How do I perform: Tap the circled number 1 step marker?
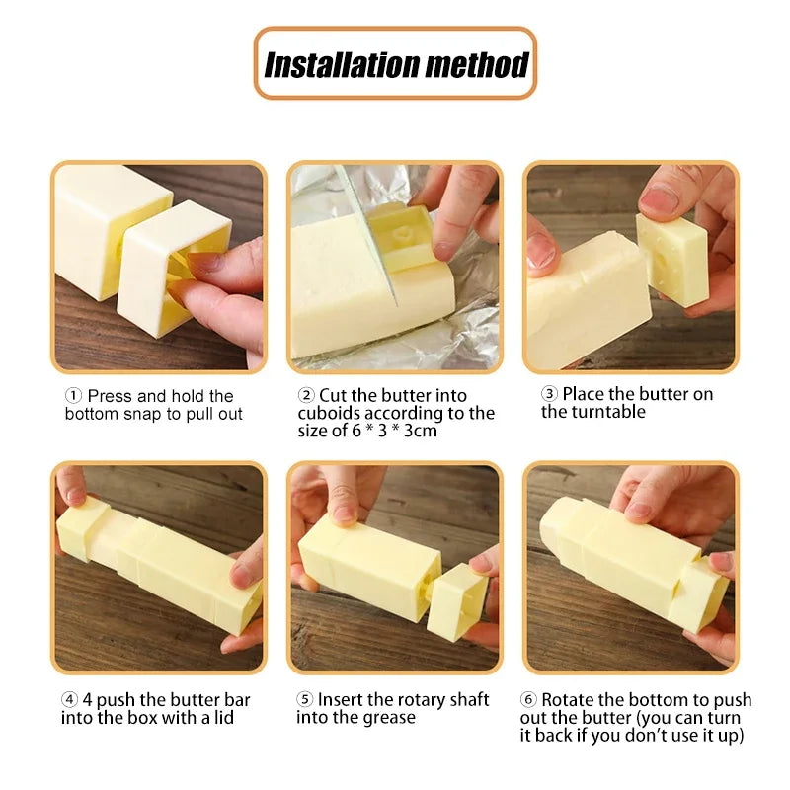click(74, 396)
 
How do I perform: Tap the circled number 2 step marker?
click(306, 395)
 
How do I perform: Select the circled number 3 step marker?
click(549, 394)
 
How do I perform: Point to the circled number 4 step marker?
click(69, 700)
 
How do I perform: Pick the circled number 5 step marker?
click(305, 700)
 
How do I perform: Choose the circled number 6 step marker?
click(529, 700)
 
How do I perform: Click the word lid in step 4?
click(224, 718)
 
